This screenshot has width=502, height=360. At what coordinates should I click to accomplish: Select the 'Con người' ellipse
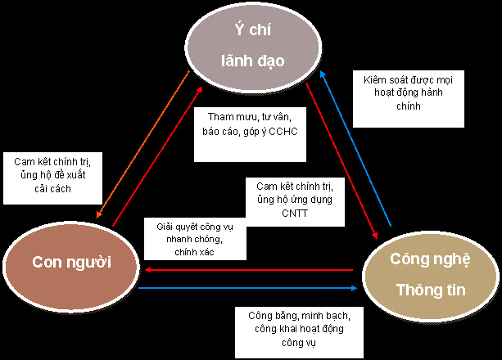[71, 261]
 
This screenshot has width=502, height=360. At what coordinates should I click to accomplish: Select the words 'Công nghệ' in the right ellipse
[430, 260]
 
